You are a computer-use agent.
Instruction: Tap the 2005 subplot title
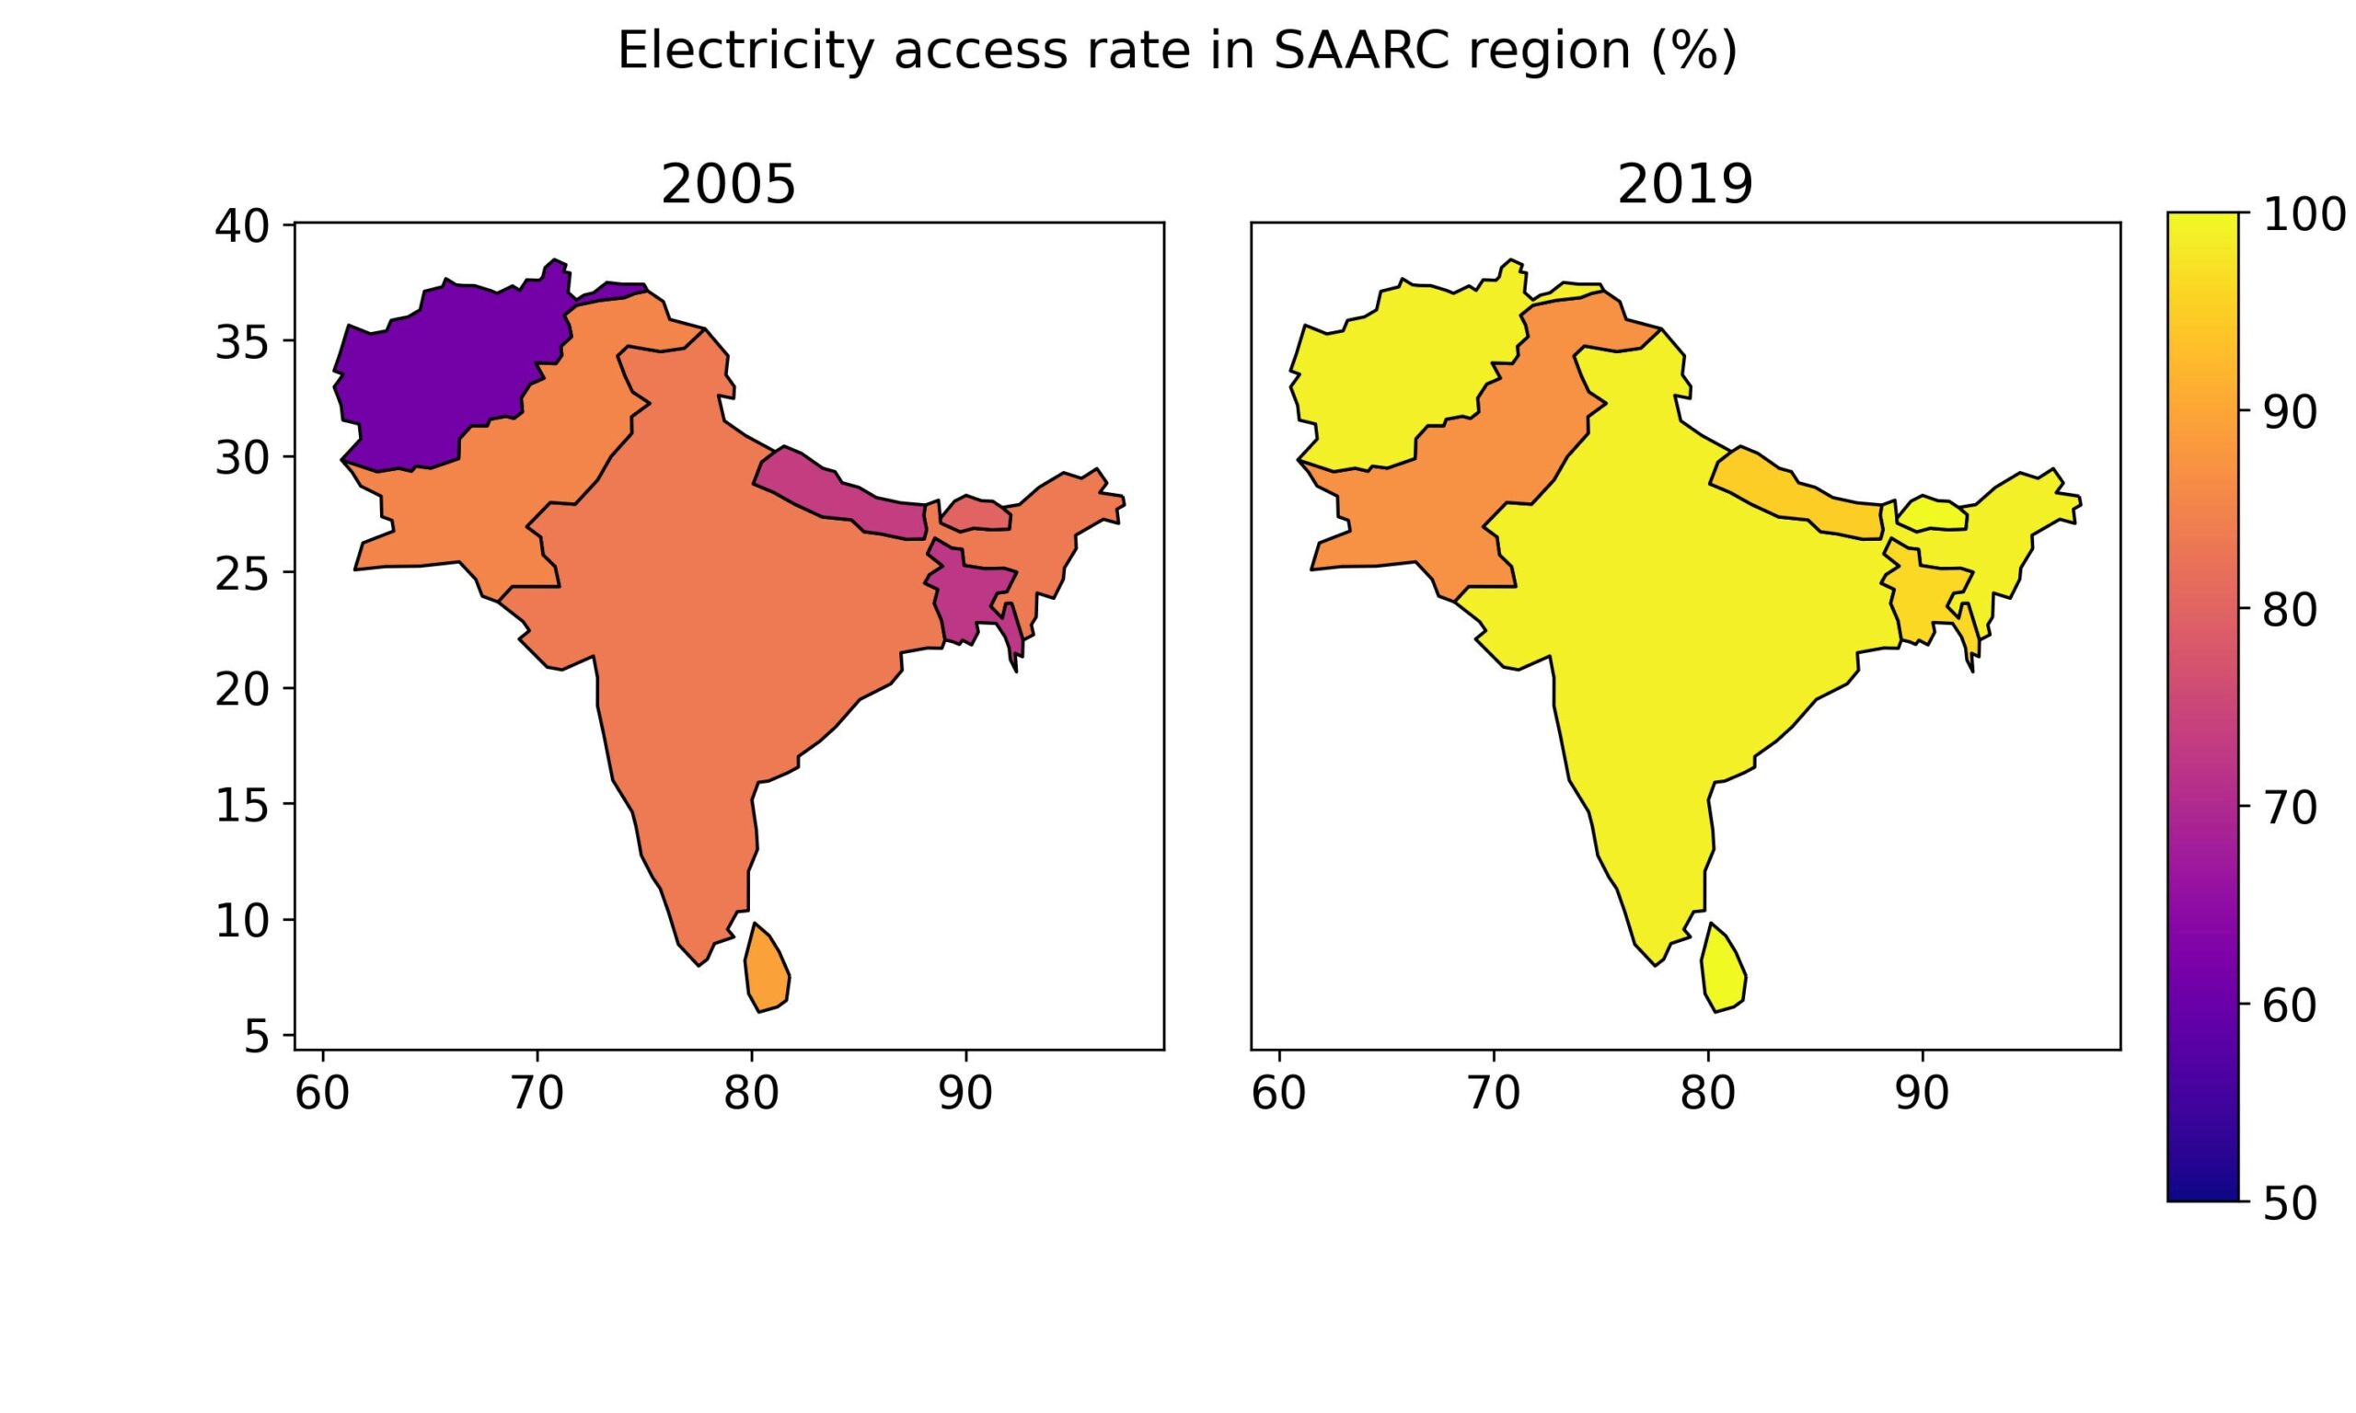(x=728, y=185)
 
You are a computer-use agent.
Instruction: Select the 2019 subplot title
(x=1684, y=185)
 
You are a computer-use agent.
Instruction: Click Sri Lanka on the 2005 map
(x=767, y=971)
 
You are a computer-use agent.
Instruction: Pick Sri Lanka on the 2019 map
(x=1723, y=971)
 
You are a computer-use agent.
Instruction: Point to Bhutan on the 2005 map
(x=976, y=514)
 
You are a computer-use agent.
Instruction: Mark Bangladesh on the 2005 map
(x=966, y=595)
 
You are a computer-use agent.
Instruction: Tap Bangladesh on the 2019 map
(x=1923, y=595)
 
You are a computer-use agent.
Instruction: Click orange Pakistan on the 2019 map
(x=1419, y=514)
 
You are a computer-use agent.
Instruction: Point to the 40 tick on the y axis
(x=242, y=225)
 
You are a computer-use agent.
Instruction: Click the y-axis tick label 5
(x=256, y=1036)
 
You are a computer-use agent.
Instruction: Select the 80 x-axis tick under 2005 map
(x=751, y=1094)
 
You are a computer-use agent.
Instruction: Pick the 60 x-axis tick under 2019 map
(x=1278, y=1094)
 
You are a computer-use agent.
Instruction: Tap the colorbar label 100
(x=2304, y=215)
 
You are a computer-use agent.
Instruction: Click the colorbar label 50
(x=2290, y=1203)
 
